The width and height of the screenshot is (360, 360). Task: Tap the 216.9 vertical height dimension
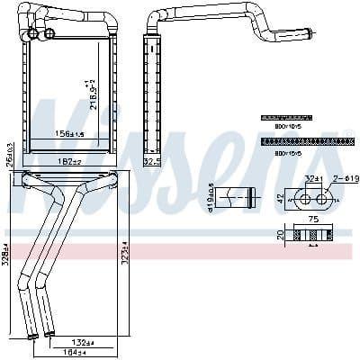(x=88, y=94)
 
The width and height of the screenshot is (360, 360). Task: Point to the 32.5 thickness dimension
(x=152, y=161)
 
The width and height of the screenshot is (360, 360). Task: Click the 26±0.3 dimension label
(x=9, y=154)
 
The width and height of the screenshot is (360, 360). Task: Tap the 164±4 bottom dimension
(x=85, y=352)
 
